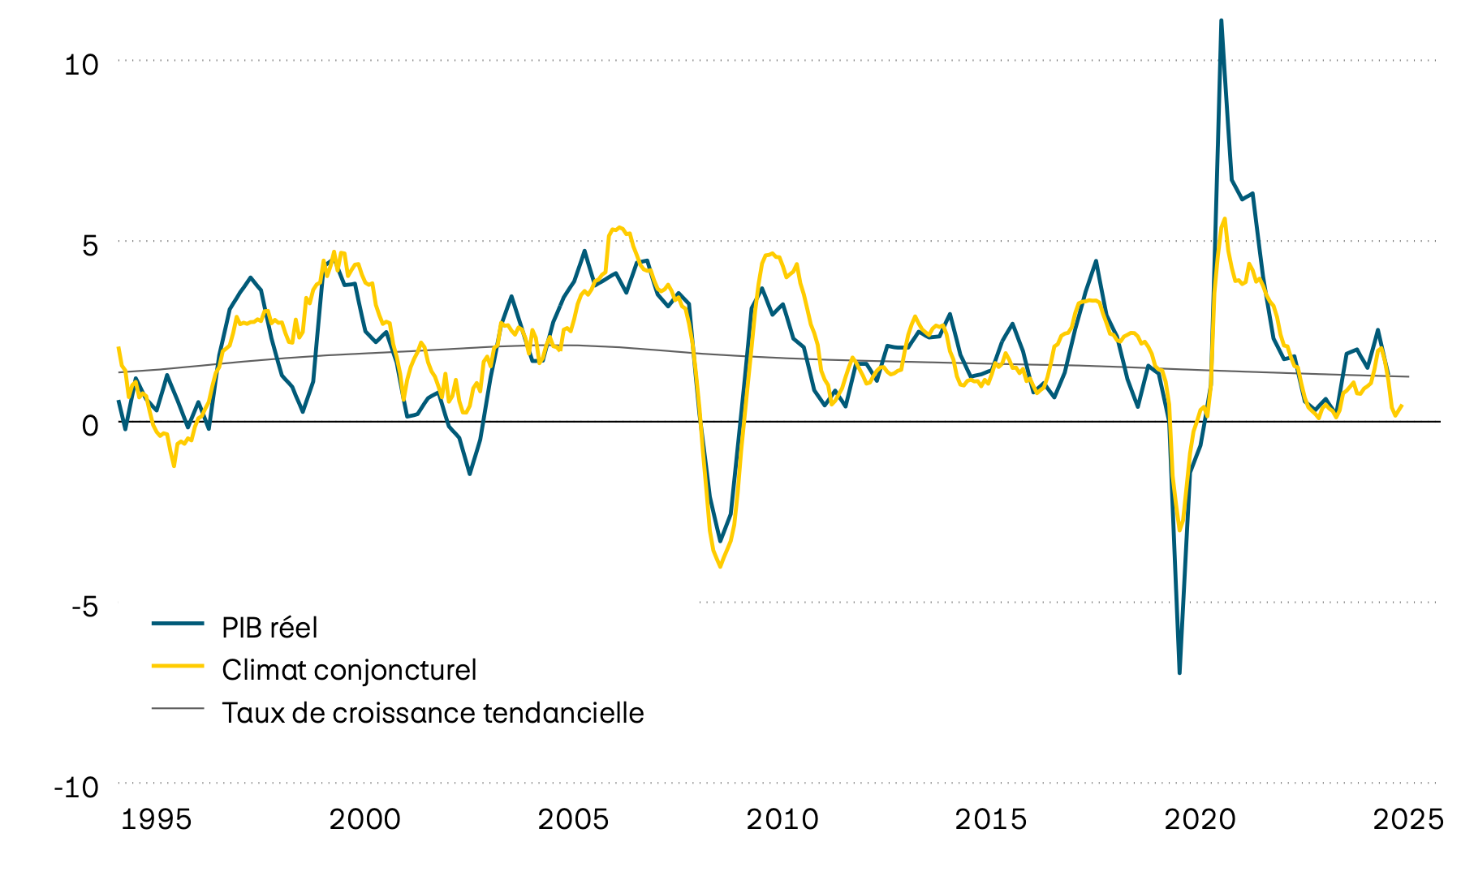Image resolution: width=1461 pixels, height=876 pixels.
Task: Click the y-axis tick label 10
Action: (x=81, y=64)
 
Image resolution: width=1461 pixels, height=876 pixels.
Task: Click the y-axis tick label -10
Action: (x=75, y=787)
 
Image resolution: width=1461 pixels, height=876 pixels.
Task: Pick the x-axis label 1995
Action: (x=157, y=819)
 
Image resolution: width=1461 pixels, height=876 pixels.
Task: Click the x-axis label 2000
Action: (x=364, y=819)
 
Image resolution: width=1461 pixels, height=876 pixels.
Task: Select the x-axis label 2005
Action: (x=573, y=819)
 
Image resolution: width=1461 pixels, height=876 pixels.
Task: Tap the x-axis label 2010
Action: (x=782, y=819)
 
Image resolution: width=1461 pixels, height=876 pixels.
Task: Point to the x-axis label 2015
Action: (x=990, y=819)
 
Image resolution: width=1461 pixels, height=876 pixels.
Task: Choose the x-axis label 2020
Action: (x=1200, y=819)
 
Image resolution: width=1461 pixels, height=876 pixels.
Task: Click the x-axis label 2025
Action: (x=1408, y=819)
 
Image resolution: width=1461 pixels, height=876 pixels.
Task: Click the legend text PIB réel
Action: (x=269, y=628)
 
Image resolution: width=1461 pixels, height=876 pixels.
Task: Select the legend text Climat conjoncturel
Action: (x=349, y=670)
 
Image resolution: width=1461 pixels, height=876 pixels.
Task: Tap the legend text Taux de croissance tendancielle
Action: (x=433, y=713)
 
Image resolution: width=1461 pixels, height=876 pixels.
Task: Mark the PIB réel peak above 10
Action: (x=1222, y=21)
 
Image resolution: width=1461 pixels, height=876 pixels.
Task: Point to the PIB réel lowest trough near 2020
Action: (x=1179, y=672)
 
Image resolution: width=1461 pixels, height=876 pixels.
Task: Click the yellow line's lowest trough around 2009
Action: (x=720, y=566)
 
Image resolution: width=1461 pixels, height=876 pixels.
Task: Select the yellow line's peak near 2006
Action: (x=619, y=228)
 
